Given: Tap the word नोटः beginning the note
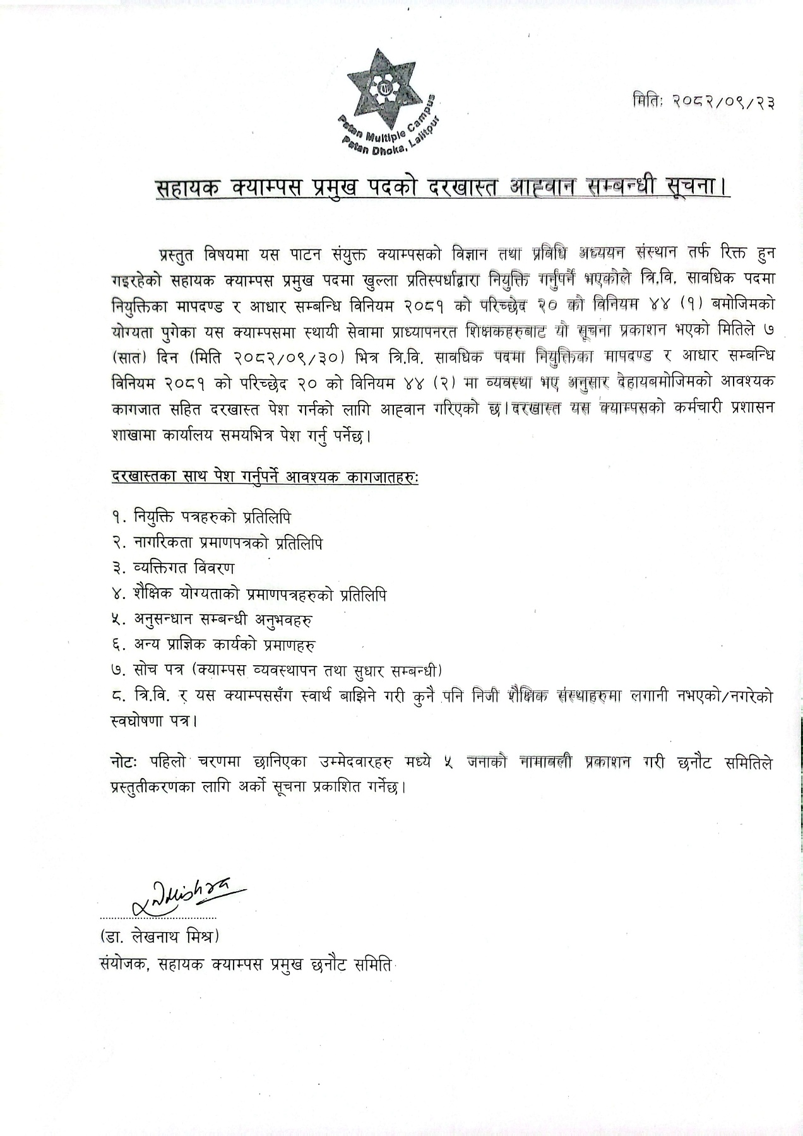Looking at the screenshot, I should pyautogui.click(x=122, y=763).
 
